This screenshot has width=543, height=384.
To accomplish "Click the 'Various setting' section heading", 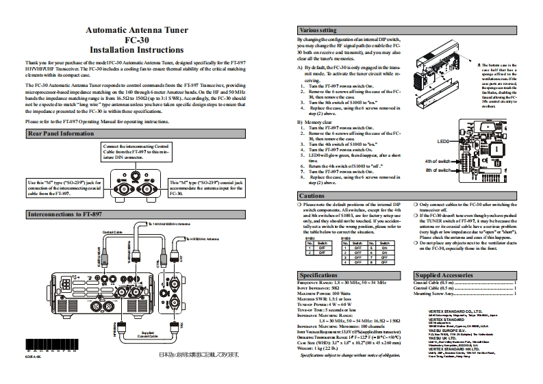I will (319, 30).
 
